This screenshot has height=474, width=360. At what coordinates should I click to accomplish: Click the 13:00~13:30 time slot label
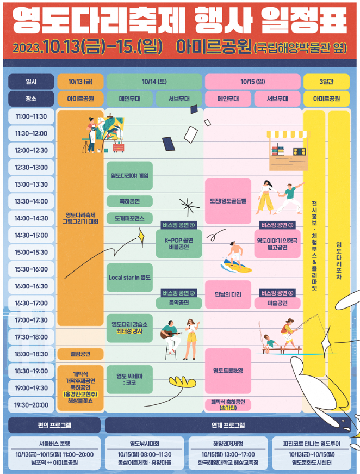(31, 184)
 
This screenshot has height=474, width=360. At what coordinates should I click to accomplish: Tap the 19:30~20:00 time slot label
(31, 405)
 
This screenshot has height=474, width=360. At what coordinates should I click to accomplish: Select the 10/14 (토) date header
(154, 82)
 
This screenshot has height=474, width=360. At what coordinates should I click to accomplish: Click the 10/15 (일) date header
(252, 82)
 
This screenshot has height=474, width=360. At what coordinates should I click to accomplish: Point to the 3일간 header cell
(326, 82)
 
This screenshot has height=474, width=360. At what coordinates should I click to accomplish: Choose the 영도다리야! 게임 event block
(129, 176)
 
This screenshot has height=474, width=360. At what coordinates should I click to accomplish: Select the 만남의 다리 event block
(228, 294)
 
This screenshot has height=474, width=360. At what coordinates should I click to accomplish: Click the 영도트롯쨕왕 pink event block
(228, 371)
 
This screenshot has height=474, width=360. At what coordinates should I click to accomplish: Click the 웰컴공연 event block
(80, 354)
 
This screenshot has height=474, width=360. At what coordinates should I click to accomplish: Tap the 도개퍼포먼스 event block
(129, 218)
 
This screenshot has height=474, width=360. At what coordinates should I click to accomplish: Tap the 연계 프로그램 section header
(228, 425)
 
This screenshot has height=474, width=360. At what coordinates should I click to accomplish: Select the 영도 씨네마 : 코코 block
(129, 379)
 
